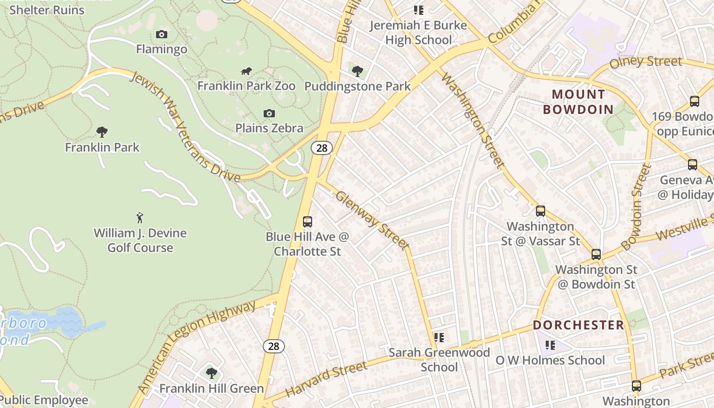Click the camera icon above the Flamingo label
point(162,35)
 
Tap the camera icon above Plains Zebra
point(269,113)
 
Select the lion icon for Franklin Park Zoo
point(246,71)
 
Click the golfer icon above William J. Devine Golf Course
point(140,218)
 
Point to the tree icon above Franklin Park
point(102,132)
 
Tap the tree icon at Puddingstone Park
point(358,71)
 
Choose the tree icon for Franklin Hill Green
point(211,373)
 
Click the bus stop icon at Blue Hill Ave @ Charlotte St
point(307,222)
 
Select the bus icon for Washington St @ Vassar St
point(541,211)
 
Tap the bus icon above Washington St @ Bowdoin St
point(596,254)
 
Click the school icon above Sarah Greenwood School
point(439,337)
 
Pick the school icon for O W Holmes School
point(550,345)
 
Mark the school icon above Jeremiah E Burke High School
point(418,10)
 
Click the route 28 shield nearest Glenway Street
point(321,148)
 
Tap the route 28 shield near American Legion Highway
point(274,346)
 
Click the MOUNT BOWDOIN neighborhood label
point(578,101)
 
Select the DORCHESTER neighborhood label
point(578,325)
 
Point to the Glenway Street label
point(373,220)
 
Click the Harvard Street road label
point(326,380)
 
